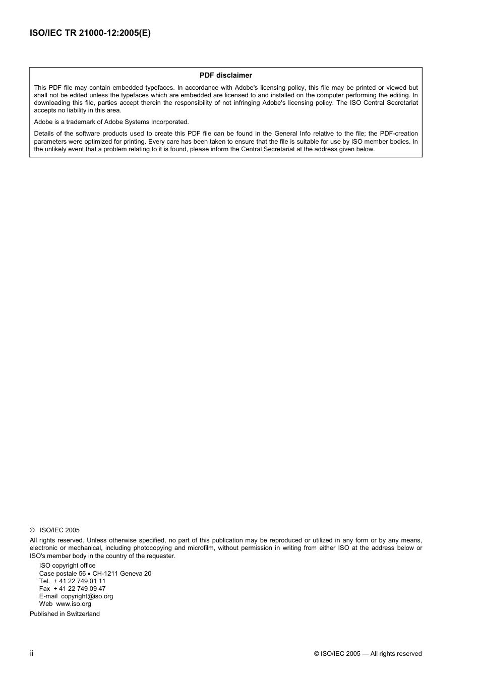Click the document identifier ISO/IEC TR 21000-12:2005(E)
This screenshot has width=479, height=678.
(90, 33)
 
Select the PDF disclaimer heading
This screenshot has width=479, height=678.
(225, 75)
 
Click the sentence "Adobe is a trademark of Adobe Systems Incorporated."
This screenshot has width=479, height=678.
(111, 122)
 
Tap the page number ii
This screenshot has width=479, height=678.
(32, 653)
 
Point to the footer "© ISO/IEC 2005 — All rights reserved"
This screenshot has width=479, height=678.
(368, 654)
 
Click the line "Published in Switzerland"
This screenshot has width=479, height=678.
(65, 614)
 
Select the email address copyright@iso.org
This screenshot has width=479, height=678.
(87, 596)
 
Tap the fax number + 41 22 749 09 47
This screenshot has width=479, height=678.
(79, 589)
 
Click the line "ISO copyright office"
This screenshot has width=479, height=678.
(67, 566)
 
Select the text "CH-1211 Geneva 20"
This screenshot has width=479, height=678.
(122, 574)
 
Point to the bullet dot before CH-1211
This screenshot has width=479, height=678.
(89, 574)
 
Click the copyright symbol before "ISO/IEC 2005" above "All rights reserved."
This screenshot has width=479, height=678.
(32, 530)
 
